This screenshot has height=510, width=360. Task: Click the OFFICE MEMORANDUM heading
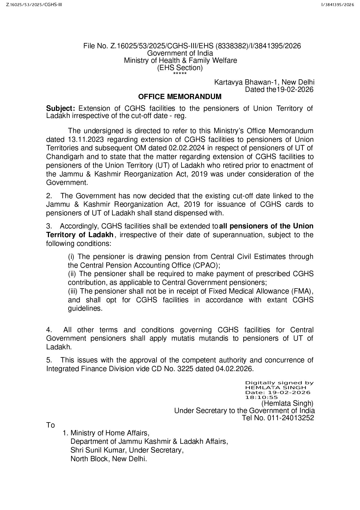[x=180, y=97]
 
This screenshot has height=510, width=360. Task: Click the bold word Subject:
[x=61, y=109]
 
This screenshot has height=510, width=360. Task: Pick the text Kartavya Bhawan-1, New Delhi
[x=264, y=82]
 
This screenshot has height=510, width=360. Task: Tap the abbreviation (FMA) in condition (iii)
[x=302, y=291]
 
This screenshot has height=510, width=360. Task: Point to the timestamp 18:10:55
[x=262, y=397]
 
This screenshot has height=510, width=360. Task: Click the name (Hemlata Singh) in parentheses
[x=287, y=403]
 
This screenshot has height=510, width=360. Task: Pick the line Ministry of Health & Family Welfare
[x=180, y=60]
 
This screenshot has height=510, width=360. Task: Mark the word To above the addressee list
[x=51, y=425]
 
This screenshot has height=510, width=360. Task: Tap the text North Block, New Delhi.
[x=109, y=459]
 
